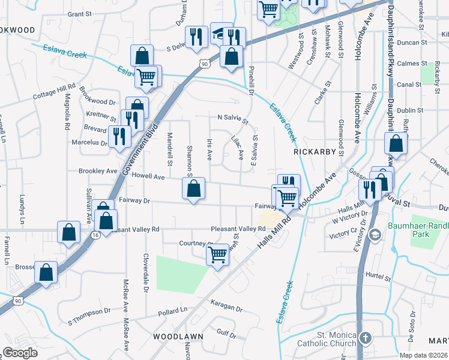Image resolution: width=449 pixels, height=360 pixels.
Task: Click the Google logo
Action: pyautogui.click(x=20, y=353)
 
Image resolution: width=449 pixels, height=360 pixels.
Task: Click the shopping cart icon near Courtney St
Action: pyautogui.click(x=217, y=254)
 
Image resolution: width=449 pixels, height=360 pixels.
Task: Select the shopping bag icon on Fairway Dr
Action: pyautogui.click(x=193, y=189)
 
